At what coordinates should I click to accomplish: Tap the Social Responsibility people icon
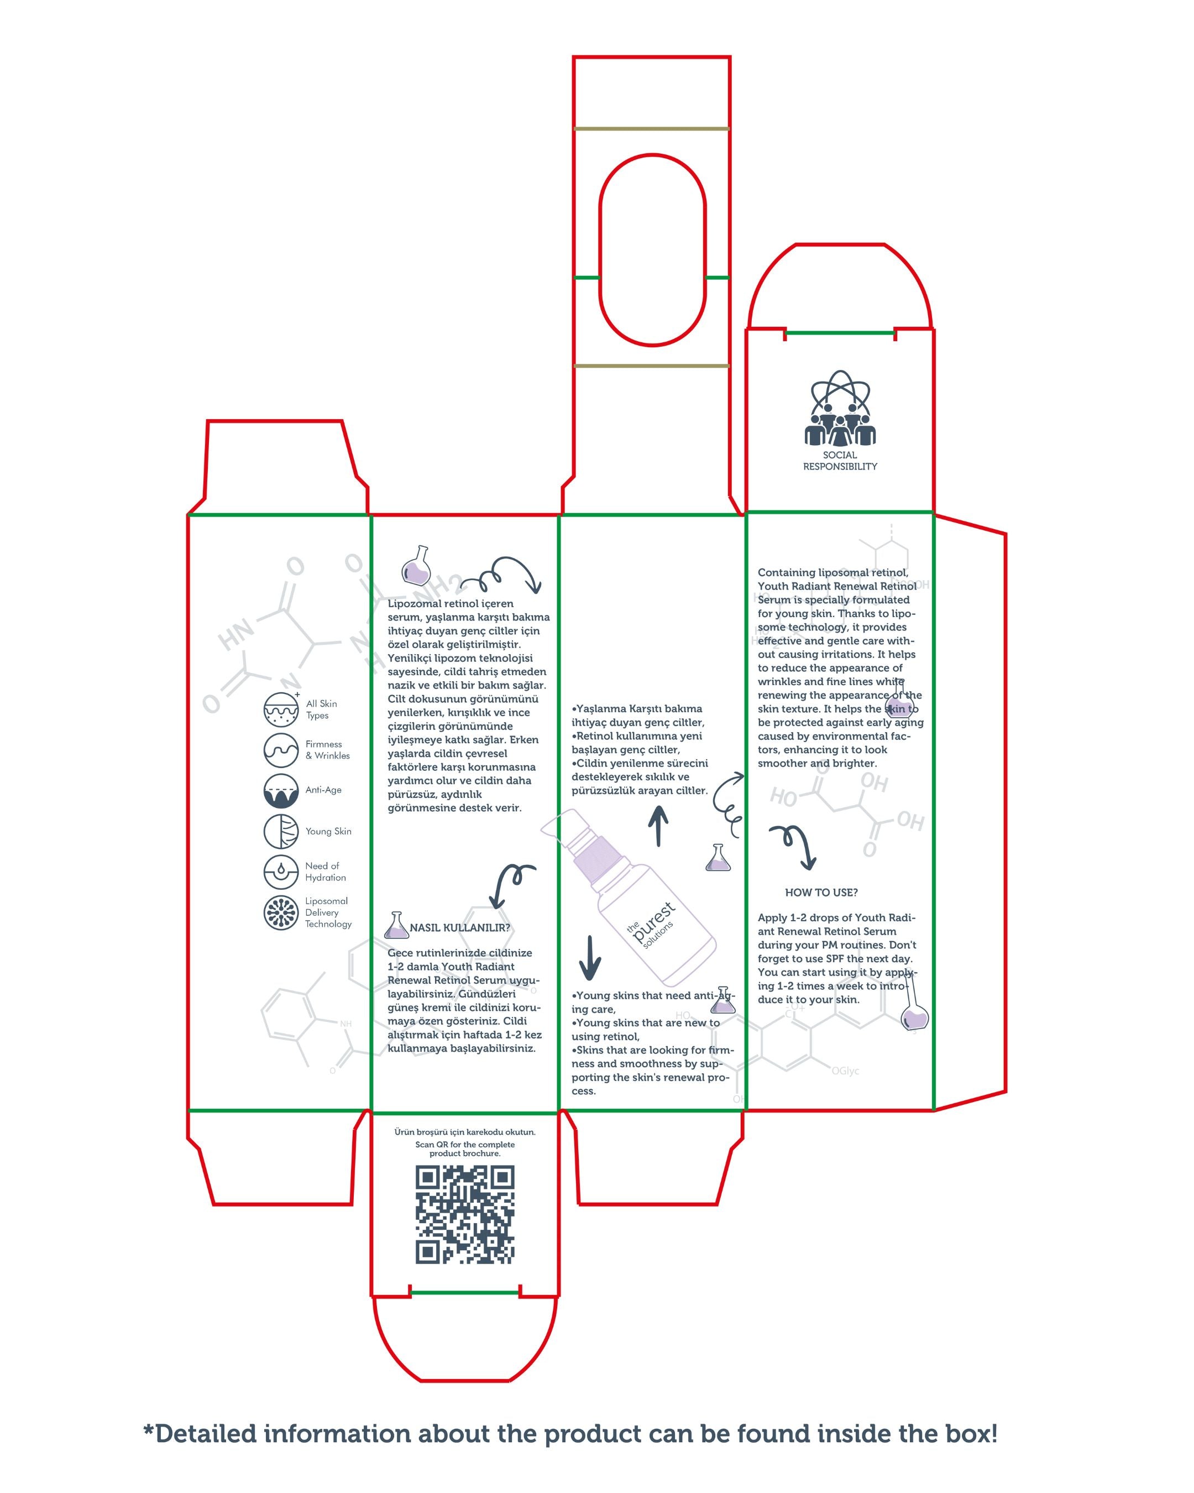tap(840, 409)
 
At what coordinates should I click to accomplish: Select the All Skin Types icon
tap(281, 709)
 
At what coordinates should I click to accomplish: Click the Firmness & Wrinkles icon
tap(281, 750)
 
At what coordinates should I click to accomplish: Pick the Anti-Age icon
tap(281, 790)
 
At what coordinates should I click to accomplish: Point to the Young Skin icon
tap(281, 831)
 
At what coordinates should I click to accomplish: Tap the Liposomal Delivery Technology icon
tap(281, 913)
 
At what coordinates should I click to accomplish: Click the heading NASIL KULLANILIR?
tap(459, 928)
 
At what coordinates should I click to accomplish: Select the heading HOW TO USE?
tap(821, 892)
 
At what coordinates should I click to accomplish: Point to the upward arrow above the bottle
tap(658, 826)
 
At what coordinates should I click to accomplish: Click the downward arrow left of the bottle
tap(590, 958)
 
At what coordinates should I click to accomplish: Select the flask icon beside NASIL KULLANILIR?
tap(396, 925)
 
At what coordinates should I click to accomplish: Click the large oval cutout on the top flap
tap(652, 250)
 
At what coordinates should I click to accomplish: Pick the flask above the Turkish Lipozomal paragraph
tap(417, 566)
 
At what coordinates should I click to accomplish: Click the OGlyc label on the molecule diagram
tap(845, 1071)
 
